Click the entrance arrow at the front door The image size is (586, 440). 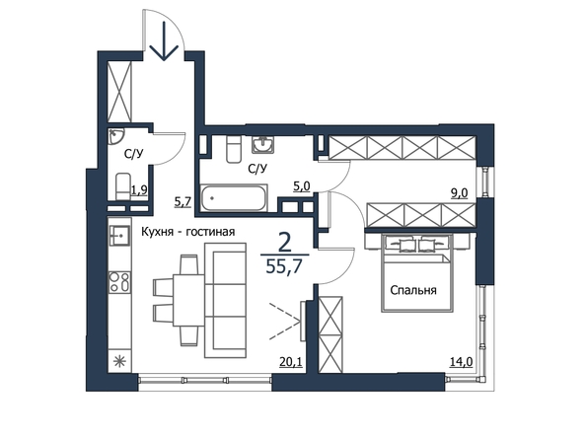164,40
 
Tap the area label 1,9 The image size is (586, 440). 139,190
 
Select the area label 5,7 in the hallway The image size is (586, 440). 183,201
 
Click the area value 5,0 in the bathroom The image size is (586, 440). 302,186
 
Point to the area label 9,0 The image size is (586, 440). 460,193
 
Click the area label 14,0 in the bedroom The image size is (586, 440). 462,361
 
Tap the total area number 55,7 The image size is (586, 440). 284,266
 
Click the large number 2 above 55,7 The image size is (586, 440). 285,244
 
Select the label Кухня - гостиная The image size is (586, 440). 188,232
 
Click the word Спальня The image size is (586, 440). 413,290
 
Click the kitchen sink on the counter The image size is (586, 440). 119,235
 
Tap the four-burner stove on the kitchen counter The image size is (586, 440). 119,282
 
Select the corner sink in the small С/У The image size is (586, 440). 115,136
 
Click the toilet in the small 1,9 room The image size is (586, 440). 123,186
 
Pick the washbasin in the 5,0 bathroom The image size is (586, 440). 263,144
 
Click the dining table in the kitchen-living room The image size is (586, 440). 188,300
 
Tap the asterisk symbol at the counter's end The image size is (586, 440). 119,361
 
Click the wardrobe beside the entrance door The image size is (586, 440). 119,91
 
